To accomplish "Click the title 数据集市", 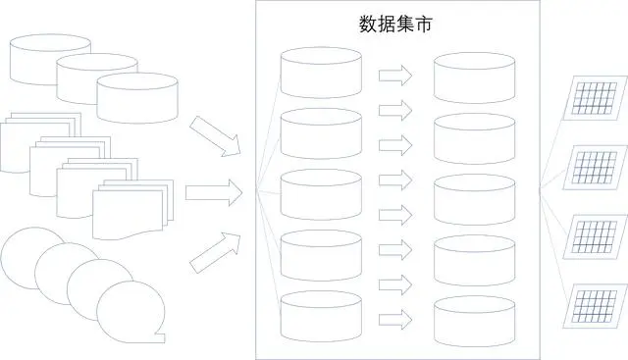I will coord(395,26).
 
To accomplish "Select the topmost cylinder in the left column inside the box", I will coord(321,72).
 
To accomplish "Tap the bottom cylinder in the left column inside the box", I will coord(321,317).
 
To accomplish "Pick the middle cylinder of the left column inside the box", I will coord(321,194).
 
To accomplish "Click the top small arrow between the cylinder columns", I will coord(395,75).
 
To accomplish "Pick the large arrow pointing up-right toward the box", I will coord(215,249).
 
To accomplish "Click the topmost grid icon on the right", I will coord(598,98).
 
